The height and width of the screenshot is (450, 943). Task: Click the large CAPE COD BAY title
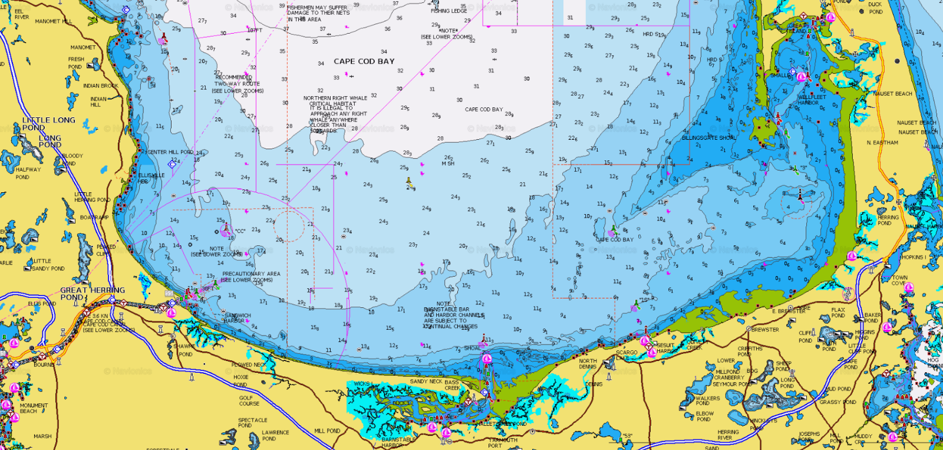pyautogui.click(x=364, y=61)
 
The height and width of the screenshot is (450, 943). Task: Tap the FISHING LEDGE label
pyautogui.click(x=449, y=11)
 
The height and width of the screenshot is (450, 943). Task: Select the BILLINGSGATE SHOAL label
pyautogui.click(x=708, y=138)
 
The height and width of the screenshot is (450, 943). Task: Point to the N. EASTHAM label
pyautogui.click(x=882, y=143)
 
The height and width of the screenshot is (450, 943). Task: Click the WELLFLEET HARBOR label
pyautogui.click(x=812, y=100)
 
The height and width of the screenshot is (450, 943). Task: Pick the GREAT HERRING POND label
pyautogui.click(x=92, y=293)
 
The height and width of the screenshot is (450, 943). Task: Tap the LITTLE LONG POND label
pyautogui.click(x=48, y=123)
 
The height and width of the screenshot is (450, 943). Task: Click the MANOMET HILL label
pyautogui.click(x=53, y=21)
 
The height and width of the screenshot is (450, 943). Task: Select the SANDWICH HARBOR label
pyautogui.click(x=238, y=318)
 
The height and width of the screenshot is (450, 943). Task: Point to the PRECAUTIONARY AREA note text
pyautogui.click(x=251, y=277)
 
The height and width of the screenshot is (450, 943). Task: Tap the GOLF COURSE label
pyautogui.click(x=249, y=401)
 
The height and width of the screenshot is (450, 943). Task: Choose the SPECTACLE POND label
pyautogui.click(x=252, y=423)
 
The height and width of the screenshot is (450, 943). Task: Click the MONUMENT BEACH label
pyautogui.click(x=34, y=408)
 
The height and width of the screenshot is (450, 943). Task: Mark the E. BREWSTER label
pyautogui.click(x=789, y=311)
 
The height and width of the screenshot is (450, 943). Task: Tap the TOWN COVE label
pyautogui.click(x=899, y=280)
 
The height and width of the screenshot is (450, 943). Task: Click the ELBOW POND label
pyautogui.click(x=704, y=416)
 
